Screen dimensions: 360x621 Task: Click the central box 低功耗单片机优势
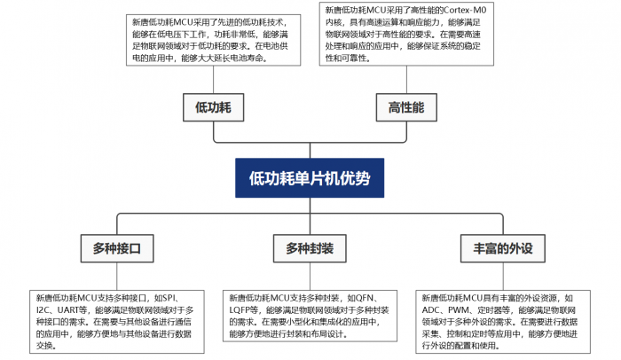310,177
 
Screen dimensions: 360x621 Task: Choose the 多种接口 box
117,249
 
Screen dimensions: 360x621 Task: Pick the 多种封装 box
310,249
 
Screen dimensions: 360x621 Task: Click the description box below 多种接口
115,321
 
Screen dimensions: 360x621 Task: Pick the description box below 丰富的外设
503,321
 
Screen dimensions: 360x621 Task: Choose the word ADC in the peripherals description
433,310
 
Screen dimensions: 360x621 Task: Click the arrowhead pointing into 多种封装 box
310,231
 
